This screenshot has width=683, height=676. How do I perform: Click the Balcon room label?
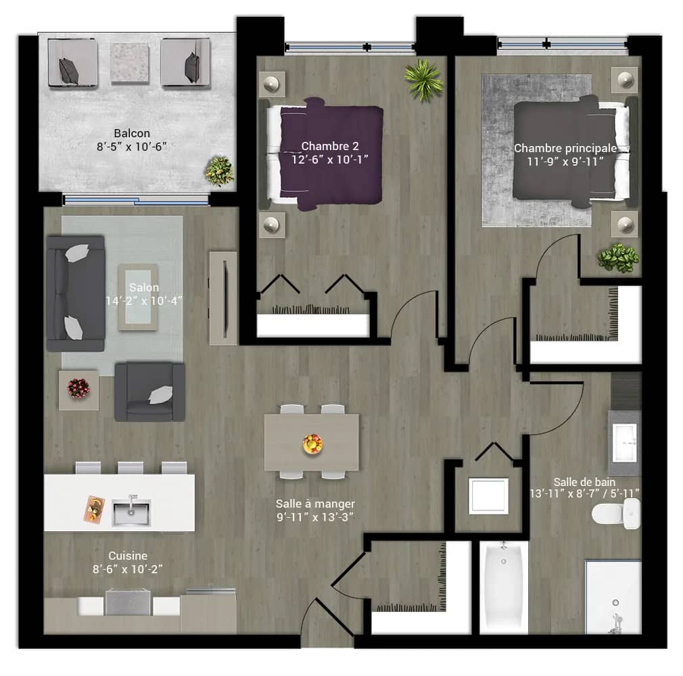click(x=132, y=133)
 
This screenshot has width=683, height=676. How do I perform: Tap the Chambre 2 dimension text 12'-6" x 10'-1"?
click(x=330, y=160)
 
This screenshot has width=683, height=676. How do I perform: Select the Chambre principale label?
click(x=565, y=149)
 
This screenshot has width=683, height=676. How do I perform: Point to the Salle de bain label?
click(x=584, y=482)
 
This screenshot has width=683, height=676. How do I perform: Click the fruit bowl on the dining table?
click(x=312, y=444)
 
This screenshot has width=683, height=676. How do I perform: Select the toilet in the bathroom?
click(x=616, y=514)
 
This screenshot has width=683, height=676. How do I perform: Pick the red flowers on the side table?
click(x=78, y=388)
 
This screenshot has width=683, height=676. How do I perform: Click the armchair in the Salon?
click(x=150, y=391)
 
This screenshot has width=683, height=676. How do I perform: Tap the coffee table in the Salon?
click(x=138, y=297)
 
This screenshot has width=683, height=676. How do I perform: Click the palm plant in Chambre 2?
click(x=423, y=80)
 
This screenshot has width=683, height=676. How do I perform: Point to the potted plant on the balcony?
click(x=220, y=171)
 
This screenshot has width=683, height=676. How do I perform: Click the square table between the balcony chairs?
click(x=129, y=63)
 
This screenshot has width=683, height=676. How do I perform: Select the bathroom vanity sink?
click(x=625, y=443)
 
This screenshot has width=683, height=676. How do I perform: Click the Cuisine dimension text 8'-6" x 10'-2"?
click(x=127, y=569)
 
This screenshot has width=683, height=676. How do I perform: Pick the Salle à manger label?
click(x=315, y=504)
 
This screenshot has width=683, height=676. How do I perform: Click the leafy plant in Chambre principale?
click(x=617, y=258)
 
